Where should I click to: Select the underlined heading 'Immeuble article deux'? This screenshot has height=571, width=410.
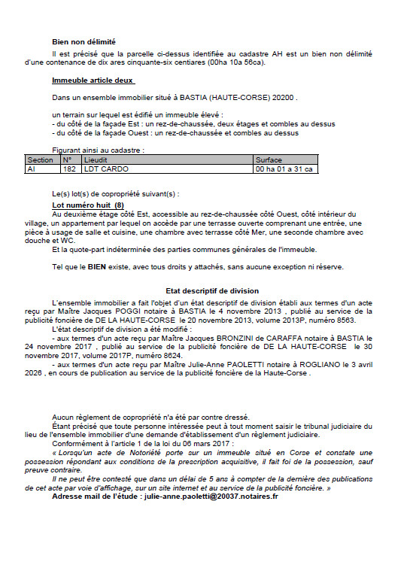click(x=93, y=80)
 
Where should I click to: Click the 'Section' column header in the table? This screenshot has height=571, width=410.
click(x=40, y=160)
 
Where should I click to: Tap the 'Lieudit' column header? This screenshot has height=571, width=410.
click(x=96, y=160)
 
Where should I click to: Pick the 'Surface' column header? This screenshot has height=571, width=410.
click(x=269, y=160)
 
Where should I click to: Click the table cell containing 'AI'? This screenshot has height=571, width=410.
click(x=31, y=169)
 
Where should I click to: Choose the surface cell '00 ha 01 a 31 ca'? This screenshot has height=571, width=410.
click(x=283, y=169)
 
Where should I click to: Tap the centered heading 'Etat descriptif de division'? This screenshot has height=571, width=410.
click(x=202, y=290)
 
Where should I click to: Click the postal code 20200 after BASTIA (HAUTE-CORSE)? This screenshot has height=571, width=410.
click(x=286, y=98)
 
